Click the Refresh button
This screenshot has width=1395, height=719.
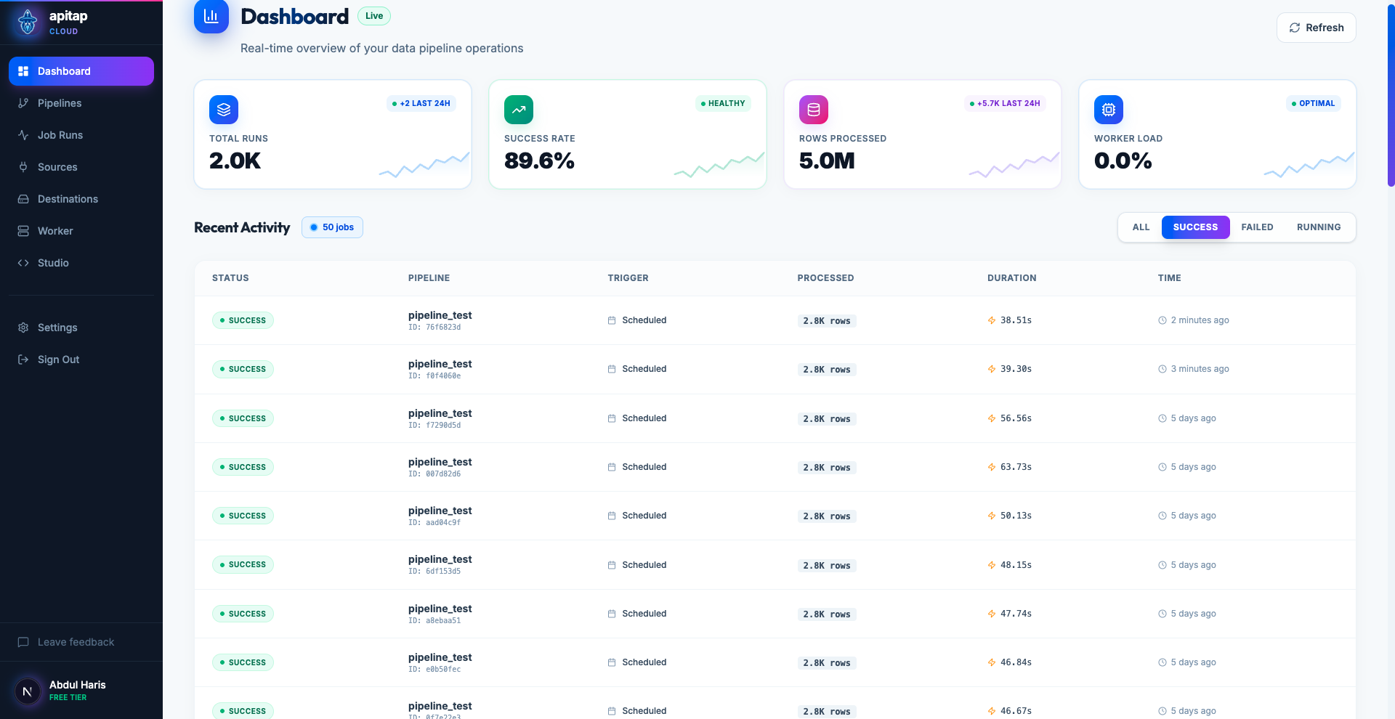pos(1316,28)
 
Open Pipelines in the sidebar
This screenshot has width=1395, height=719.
pos(60,103)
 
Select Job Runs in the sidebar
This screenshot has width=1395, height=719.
pos(60,135)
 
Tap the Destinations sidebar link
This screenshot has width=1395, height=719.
pos(68,199)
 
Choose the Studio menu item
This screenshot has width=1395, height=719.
pos(53,263)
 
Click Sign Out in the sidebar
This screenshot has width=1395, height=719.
pos(58,359)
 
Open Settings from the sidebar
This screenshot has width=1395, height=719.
pos(57,328)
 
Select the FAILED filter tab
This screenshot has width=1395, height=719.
pos(1257,227)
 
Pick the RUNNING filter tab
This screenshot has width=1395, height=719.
pos(1319,227)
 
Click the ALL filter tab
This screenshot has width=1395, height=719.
pos(1141,227)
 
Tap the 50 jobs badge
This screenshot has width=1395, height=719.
pos(332,227)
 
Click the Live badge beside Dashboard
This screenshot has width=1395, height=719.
pos(374,16)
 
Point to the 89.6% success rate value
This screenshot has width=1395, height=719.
pos(539,161)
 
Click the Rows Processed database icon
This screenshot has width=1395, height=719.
pos(814,110)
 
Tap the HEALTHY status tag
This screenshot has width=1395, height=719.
pos(723,103)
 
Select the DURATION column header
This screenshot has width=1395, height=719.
pos(1011,278)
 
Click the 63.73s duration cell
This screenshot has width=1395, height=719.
pos(1016,467)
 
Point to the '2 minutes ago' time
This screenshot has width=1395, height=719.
pos(1200,320)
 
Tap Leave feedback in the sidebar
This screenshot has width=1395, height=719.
pos(76,642)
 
